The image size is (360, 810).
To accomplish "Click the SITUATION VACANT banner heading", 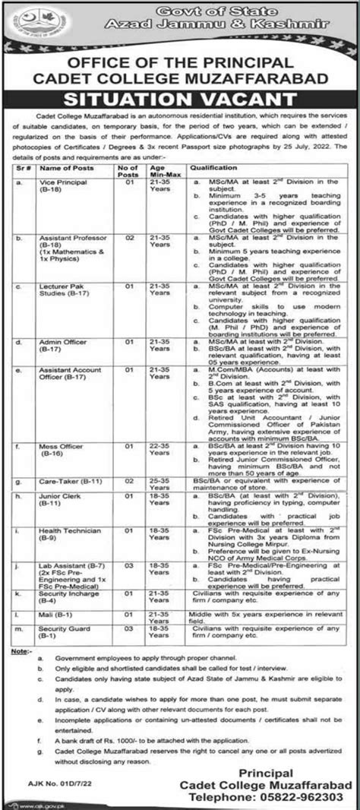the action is (180, 99).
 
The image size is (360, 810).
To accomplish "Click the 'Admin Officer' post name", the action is (61, 343).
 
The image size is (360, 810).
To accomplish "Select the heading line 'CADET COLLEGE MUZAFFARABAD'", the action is (180, 78).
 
